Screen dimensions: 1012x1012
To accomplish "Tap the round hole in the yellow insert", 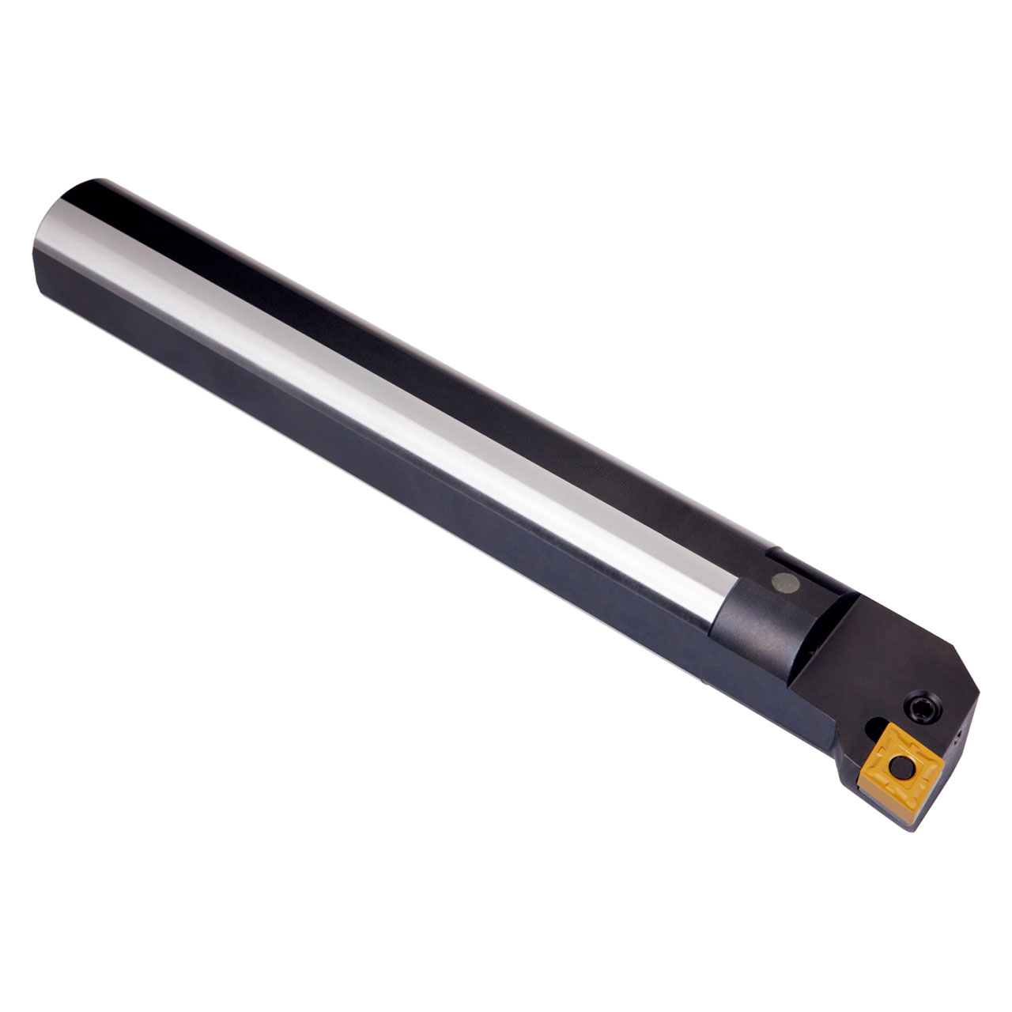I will point(901,766).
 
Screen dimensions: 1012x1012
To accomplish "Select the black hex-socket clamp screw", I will point(923,706).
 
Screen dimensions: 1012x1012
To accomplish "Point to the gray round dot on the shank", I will point(785,583).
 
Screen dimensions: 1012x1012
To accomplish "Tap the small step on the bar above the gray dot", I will point(778,553).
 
